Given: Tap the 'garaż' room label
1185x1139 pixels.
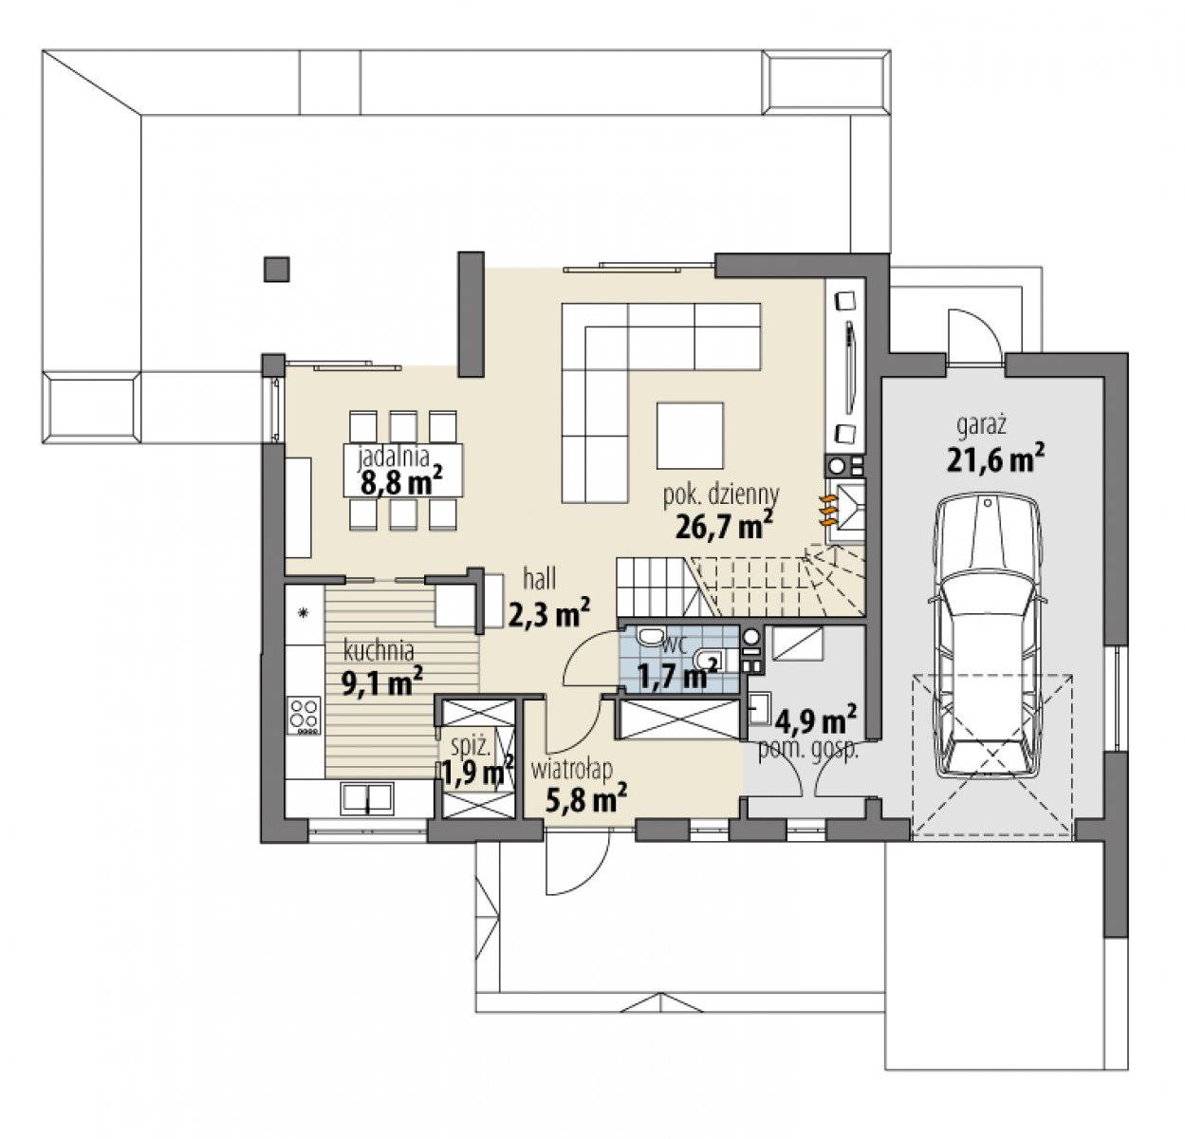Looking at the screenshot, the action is tap(981, 424).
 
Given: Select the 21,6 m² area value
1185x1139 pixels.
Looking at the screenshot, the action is tap(995, 458).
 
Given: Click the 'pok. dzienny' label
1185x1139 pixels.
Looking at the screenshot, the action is tap(721, 495).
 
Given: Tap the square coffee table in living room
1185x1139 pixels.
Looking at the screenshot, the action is tap(690, 436).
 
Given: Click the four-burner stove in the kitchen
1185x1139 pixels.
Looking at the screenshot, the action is tap(304, 715).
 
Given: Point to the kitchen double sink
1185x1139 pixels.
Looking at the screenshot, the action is tap(366, 799).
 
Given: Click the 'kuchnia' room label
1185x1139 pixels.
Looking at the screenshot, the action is tap(379, 651).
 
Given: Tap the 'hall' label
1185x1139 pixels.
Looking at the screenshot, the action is tap(539, 579).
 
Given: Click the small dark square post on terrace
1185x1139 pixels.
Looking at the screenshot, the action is tap(276, 269).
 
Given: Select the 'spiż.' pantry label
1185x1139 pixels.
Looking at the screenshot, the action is tap(470, 748).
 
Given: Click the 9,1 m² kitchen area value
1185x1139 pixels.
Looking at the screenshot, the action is tap(381, 682).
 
